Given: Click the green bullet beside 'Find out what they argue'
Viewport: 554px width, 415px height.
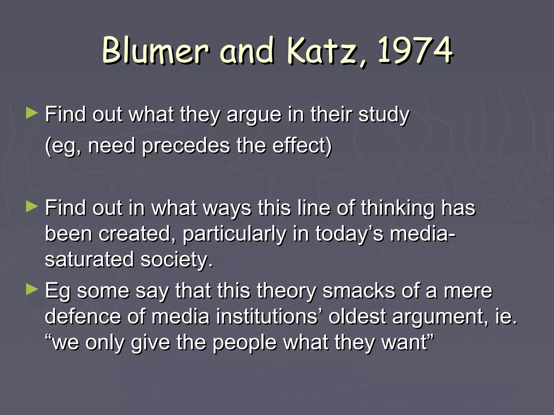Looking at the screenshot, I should [32, 114].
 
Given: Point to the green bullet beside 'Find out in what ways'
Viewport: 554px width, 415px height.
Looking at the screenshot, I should [32, 207].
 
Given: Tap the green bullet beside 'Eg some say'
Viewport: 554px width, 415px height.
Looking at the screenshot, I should [32, 290].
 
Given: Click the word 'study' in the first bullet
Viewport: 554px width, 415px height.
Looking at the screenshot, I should [384, 115].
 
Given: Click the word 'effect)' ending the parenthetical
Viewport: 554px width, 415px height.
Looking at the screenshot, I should [302, 146].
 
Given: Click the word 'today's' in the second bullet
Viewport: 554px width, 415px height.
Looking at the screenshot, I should [349, 234].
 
